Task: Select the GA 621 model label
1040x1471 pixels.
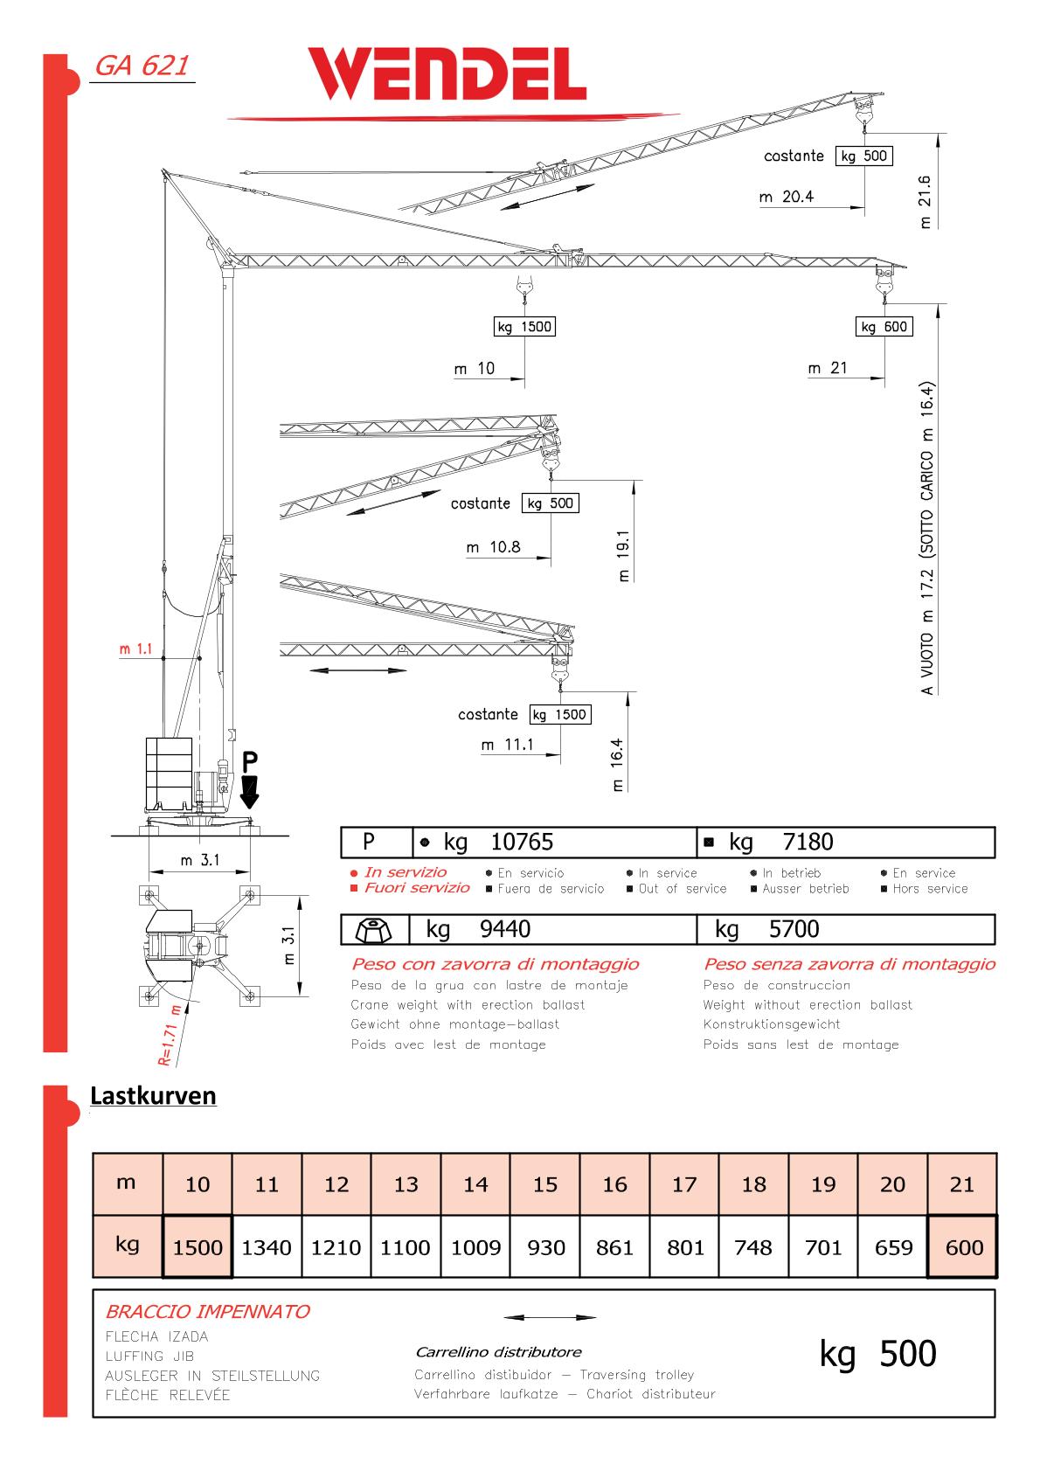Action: pyautogui.click(x=142, y=66)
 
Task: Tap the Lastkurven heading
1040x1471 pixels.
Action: pyautogui.click(x=153, y=1096)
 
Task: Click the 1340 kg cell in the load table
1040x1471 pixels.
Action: pyautogui.click(x=267, y=1247)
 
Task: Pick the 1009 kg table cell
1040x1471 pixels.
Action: pyautogui.click(x=475, y=1247)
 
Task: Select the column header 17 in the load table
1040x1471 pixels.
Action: pyautogui.click(x=684, y=1184)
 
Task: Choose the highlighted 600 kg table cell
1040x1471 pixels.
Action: pyautogui.click(x=963, y=1247)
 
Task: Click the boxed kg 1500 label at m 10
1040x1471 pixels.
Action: pyautogui.click(x=524, y=327)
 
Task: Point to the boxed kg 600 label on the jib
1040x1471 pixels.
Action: pyautogui.click(x=884, y=327)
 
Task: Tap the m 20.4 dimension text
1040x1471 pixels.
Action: pyautogui.click(x=787, y=197)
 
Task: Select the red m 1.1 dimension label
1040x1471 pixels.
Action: pyautogui.click(x=136, y=649)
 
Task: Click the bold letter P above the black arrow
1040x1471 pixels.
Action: pyautogui.click(x=251, y=758)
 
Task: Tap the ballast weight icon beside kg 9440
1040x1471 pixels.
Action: pyautogui.click(x=374, y=929)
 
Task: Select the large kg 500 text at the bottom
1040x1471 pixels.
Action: pyautogui.click(x=877, y=1353)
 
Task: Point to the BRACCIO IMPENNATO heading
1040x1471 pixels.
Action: pyautogui.click(x=207, y=1311)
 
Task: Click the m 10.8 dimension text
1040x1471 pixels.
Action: pyautogui.click(x=493, y=547)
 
